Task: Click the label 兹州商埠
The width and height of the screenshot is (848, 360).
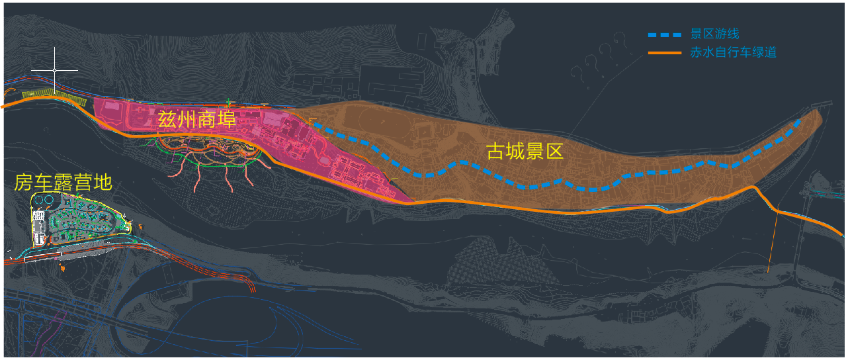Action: click(x=196, y=120)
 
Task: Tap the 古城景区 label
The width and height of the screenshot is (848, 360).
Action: click(x=525, y=152)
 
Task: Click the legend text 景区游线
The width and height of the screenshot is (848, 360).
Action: click(x=714, y=34)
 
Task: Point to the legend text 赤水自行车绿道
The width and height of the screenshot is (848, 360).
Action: click(x=733, y=53)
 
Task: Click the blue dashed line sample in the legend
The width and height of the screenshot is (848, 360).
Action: click(x=663, y=34)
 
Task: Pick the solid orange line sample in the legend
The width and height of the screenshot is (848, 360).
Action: click(x=663, y=53)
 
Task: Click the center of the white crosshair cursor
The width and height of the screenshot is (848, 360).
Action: click(x=54, y=69)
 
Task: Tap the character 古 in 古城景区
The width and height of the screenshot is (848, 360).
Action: click(x=496, y=152)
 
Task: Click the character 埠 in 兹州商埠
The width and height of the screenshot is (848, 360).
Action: click(x=226, y=120)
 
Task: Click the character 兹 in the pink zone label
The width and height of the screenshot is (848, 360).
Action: click(x=167, y=120)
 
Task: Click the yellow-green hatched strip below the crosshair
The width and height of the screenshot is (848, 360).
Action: click(x=54, y=97)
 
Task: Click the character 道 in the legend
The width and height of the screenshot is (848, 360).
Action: click(x=770, y=53)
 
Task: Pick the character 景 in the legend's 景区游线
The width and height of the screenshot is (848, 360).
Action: click(x=696, y=34)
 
